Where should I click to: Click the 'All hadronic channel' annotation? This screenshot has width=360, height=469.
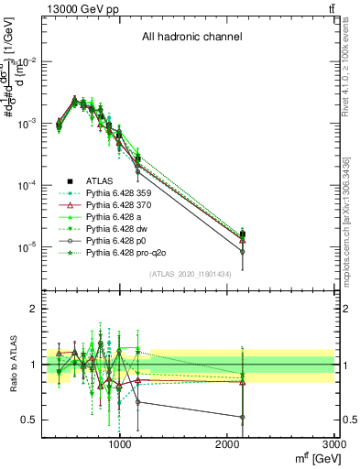(x=191, y=38)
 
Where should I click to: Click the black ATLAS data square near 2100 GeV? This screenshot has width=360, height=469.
(x=243, y=234)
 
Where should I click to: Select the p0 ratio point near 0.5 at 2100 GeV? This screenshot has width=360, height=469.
(x=243, y=418)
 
